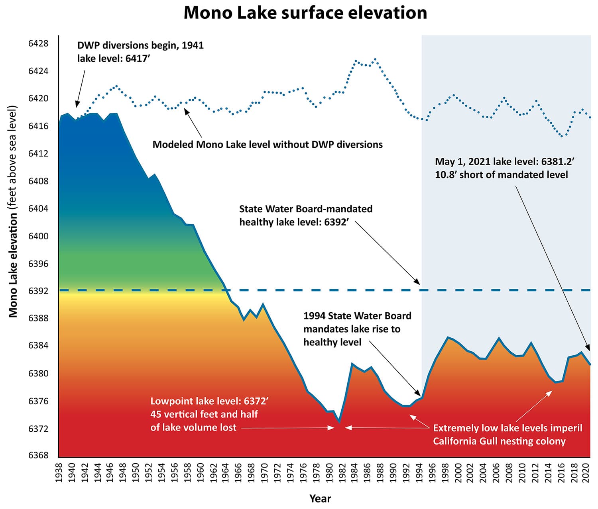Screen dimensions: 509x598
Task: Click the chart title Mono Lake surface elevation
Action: pyautogui.click(x=305, y=13)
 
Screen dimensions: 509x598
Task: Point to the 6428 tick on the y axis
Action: pyautogui.click(x=38, y=43)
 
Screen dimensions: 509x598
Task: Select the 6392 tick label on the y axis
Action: pyautogui.click(x=38, y=291)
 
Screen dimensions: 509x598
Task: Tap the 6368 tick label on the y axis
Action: pyautogui.click(x=38, y=455)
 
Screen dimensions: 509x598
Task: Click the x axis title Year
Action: pyautogui.click(x=320, y=498)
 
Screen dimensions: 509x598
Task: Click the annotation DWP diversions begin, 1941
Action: pyautogui.click(x=140, y=45)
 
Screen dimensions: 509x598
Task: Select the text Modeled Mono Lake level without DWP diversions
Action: pyautogui.click(x=268, y=145)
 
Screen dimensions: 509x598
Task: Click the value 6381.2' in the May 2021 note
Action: pyautogui.click(x=557, y=162)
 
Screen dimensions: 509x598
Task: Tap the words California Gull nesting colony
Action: pyautogui.click(x=499, y=441)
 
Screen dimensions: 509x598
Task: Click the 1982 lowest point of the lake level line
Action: pyautogui.click(x=339, y=421)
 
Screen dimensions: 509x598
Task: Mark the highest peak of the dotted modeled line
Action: pyautogui.click(x=375, y=59)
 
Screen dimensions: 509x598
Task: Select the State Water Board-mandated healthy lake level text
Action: pyautogui.click(x=306, y=215)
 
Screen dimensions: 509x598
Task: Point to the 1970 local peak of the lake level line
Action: pyautogui.click(x=263, y=304)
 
